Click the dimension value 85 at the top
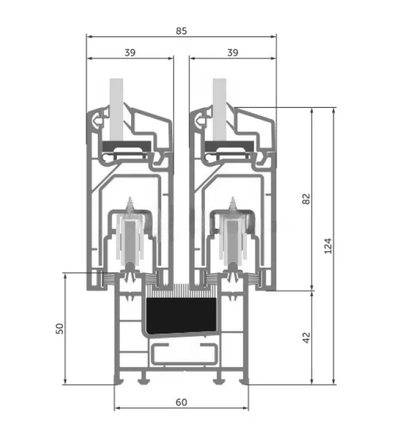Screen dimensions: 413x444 (181, 31)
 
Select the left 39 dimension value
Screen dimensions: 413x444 (130, 52)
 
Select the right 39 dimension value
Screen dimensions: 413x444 (233, 52)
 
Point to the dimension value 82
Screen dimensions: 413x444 (306, 199)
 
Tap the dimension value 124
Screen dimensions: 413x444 (328, 246)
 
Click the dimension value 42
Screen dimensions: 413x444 (306, 337)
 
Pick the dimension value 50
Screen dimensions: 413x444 (60, 329)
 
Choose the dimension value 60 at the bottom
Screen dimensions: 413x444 (181, 402)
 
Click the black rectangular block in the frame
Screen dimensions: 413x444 (182, 316)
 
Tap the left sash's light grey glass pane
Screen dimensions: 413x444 (116, 109)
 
